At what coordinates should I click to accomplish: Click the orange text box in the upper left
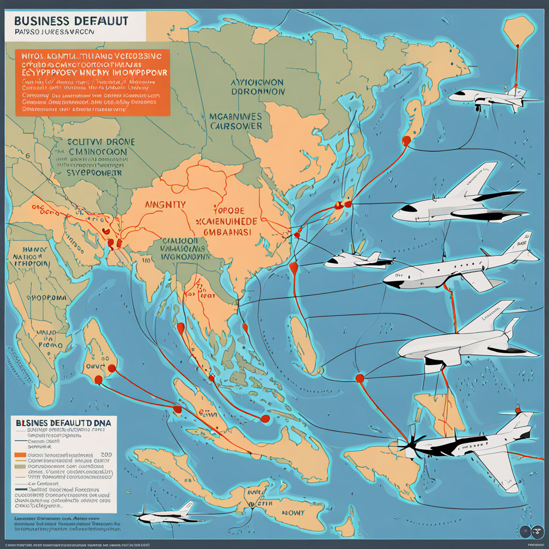tap(91, 83)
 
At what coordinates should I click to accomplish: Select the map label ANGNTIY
tap(165, 205)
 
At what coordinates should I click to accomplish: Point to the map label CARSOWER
tap(235, 126)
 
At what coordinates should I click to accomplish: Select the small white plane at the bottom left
tap(164, 515)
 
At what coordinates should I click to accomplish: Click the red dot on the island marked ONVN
tap(112, 368)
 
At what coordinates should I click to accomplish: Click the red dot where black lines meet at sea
tap(359, 379)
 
